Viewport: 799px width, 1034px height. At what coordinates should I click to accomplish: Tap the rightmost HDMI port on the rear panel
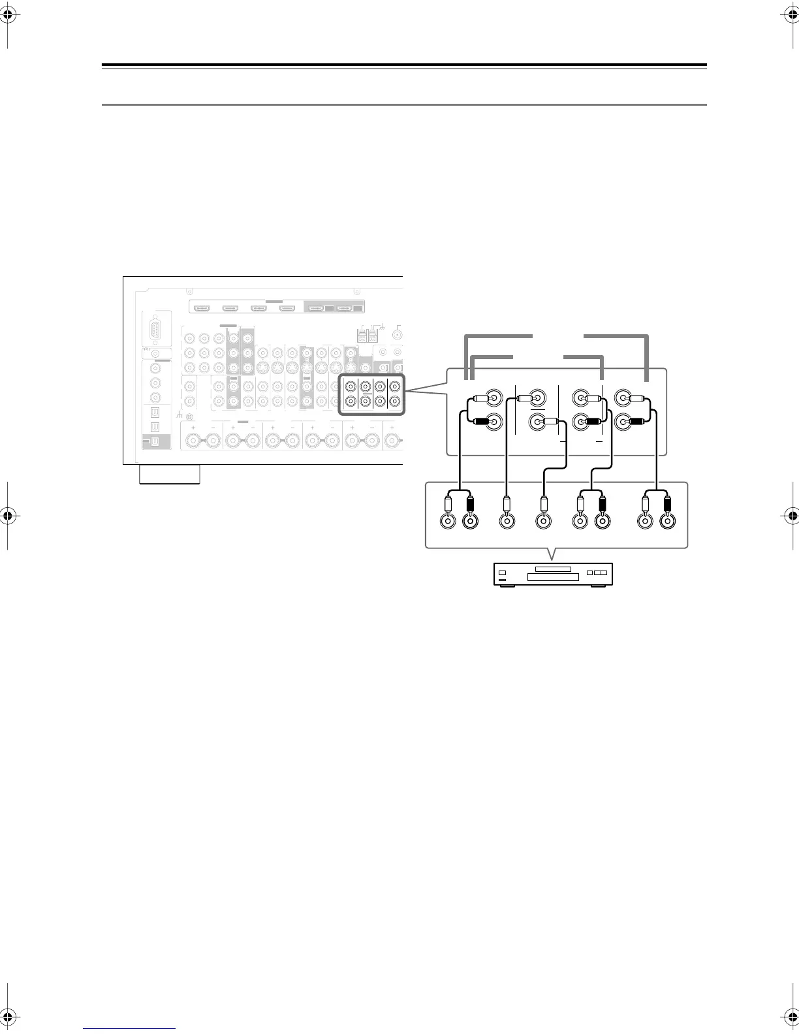click(342, 307)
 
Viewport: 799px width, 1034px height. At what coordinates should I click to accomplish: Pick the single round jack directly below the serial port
click(156, 353)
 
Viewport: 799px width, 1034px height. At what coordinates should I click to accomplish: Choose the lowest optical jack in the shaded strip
click(155, 441)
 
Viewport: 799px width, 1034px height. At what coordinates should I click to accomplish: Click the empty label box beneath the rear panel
click(170, 475)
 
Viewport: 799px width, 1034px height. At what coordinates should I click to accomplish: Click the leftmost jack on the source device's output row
click(448, 521)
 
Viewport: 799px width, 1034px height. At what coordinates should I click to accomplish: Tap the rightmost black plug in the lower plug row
click(667, 504)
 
